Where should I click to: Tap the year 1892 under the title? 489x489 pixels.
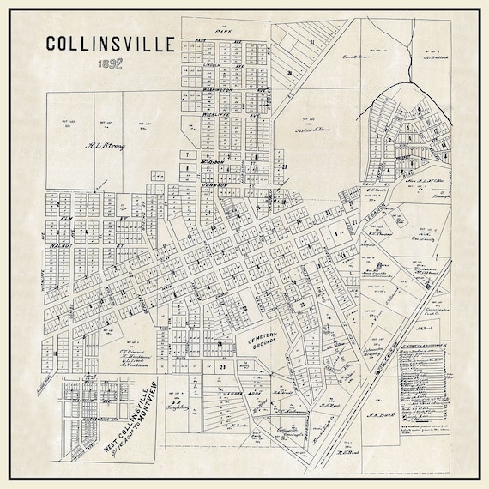pos(110,64)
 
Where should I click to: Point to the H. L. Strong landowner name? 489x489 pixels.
pos(105,148)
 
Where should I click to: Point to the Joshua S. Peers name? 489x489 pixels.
pos(297,125)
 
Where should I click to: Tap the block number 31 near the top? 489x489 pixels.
pos(313,41)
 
